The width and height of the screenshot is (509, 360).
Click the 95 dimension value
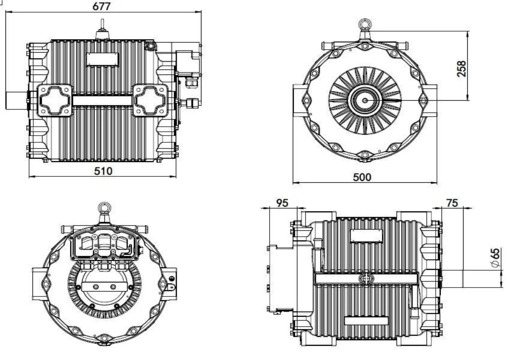point(282,203)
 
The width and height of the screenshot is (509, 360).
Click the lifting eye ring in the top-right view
point(364,24)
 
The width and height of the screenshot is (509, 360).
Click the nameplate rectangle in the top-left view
point(103,59)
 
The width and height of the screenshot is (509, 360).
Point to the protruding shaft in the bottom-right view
point(453,278)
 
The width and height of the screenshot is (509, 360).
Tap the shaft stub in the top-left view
point(16,101)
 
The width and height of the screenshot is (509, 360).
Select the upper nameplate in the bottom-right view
point(367,236)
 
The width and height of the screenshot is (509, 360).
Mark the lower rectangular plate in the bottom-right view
point(366,321)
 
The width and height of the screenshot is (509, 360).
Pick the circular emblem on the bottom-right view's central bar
point(366,278)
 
